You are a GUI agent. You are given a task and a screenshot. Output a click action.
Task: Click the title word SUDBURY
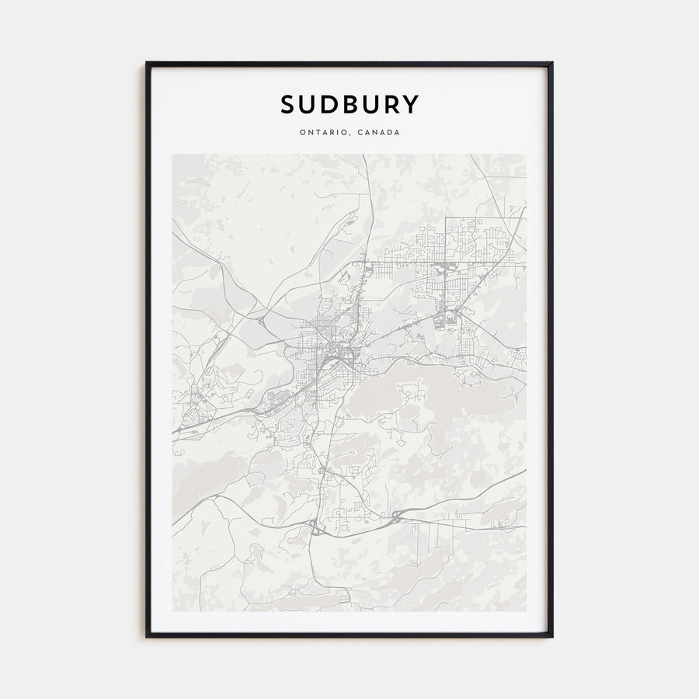click(349, 104)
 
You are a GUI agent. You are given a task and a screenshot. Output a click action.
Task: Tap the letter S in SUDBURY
click(287, 104)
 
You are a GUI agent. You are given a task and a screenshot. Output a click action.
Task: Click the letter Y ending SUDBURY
click(411, 104)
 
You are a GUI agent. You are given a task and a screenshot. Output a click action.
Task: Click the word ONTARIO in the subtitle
click(322, 132)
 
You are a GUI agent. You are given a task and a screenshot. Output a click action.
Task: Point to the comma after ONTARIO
click(347, 134)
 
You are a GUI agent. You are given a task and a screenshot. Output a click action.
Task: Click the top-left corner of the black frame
click(147, 64)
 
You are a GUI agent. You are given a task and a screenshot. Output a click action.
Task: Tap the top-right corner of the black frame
click(551, 64)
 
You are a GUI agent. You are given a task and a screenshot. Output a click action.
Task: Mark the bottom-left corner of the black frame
click(147, 636)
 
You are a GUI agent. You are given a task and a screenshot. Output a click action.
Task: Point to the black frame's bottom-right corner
click(551, 636)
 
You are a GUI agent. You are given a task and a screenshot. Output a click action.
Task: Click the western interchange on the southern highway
click(316, 530)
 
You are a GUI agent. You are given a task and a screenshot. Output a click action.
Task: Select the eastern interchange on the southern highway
click(396, 518)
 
